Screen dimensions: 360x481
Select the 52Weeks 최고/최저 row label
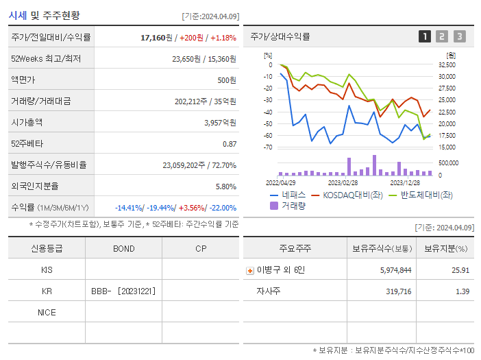tap(46, 59)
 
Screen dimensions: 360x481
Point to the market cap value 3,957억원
tap(220, 122)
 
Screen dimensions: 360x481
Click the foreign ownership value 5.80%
tap(225, 186)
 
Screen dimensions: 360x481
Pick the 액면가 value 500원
tap(226, 80)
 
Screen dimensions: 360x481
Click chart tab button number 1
tap(425, 36)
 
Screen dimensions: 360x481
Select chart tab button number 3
tap(459, 36)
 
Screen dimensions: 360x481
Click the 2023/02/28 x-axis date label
tap(343, 182)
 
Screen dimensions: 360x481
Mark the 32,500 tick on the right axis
tap(447, 65)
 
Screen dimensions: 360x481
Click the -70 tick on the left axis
tap(268, 147)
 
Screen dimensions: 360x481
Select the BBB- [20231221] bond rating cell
tap(123, 291)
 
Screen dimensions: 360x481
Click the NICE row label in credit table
tap(47, 312)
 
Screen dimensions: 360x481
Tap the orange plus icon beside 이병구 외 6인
tap(249, 270)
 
